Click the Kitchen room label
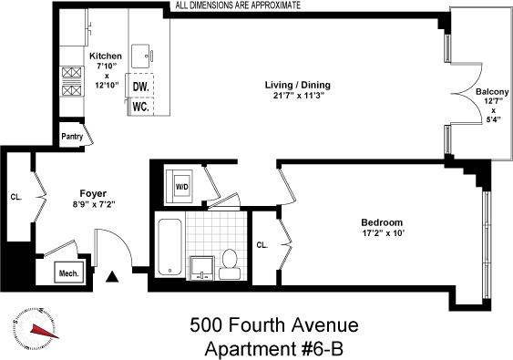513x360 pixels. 106,57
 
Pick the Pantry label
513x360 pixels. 73,137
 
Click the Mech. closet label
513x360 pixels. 69,271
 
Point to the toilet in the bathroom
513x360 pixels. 230,262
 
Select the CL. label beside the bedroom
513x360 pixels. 262,244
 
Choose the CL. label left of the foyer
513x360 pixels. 16,195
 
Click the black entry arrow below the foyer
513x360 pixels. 113,276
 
